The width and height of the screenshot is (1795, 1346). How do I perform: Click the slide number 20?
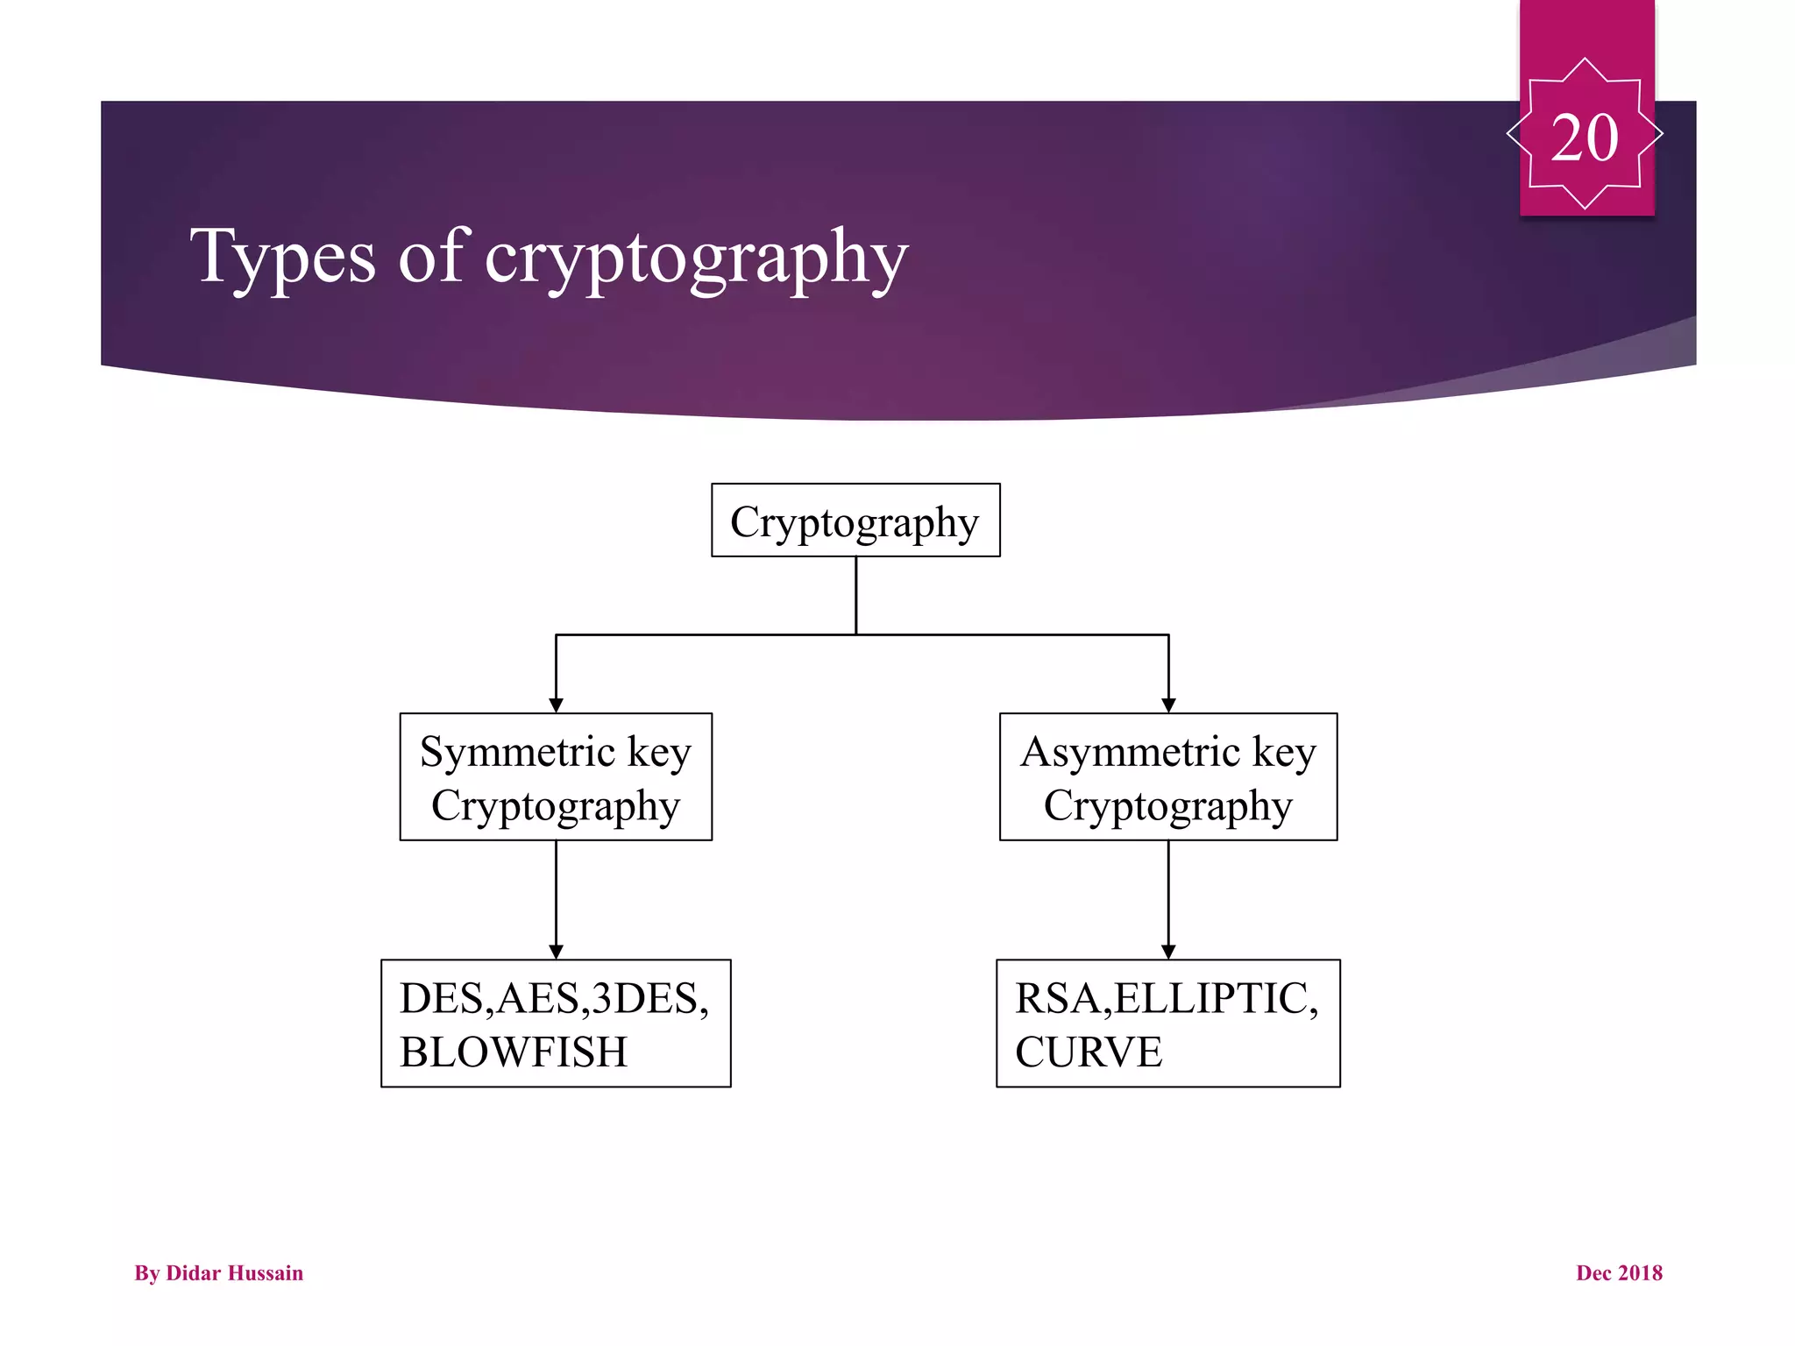tap(1584, 138)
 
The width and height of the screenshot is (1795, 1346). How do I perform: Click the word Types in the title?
tap(282, 256)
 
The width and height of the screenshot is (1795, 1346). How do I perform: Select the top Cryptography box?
tap(855, 521)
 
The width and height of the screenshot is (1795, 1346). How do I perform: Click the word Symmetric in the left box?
tap(517, 752)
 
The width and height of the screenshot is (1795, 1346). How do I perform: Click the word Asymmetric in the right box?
tap(1131, 752)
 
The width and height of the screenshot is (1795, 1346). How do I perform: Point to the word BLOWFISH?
tap(514, 1052)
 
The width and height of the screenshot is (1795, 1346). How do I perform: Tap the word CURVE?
tap(1089, 1052)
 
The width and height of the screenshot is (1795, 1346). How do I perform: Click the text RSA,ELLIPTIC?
tap(1167, 998)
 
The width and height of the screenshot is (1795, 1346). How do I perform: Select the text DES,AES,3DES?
tap(554, 998)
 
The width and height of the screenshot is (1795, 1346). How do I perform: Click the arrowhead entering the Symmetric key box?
tap(556, 705)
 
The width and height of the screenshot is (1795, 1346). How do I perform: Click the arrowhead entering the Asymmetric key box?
tap(1168, 705)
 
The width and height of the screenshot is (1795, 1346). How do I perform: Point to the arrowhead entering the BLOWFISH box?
tap(556, 952)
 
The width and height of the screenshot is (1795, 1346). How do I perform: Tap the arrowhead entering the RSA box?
tap(1168, 952)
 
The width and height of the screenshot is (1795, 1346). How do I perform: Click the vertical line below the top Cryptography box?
tap(855, 595)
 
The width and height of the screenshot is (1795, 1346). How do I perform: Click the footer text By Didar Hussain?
tap(218, 1272)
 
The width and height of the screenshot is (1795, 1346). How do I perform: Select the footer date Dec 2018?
tap(1619, 1272)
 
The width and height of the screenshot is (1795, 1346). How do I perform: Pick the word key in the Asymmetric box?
tap(1284, 752)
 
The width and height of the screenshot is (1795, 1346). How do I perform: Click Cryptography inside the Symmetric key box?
tap(556, 806)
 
